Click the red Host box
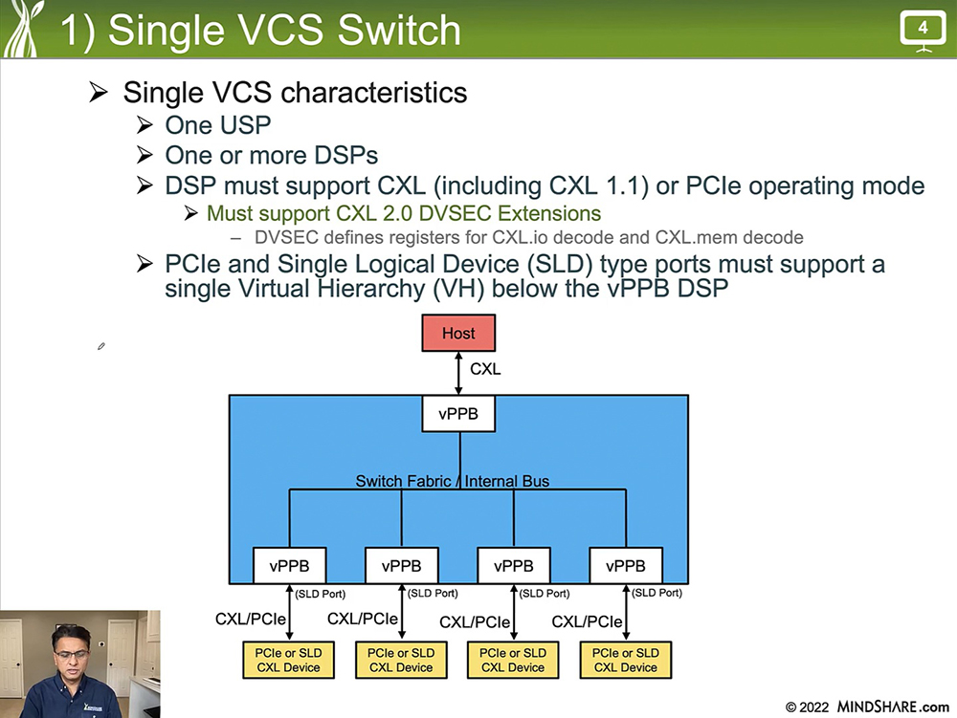[x=458, y=334]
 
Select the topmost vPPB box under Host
[x=458, y=415]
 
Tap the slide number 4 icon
[x=923, y=30]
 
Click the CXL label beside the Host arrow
[x=485, y=369]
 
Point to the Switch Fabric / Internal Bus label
[x=453, y=481]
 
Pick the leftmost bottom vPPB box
[x=289, y=566]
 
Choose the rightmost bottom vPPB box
[x=626, y=566]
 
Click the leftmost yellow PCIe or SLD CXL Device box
[x=289, y=660]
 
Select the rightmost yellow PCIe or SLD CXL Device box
[x=626, y=660]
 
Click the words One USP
[x=218, y=125]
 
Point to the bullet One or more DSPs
[x=272, y=155]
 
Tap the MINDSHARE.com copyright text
[x=867, y=707]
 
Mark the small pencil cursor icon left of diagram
[x=101, y=346]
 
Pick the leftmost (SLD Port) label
[x=321, y=594]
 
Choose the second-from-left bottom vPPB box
[x=402, y=566]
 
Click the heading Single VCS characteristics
[x=295, y=93]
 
